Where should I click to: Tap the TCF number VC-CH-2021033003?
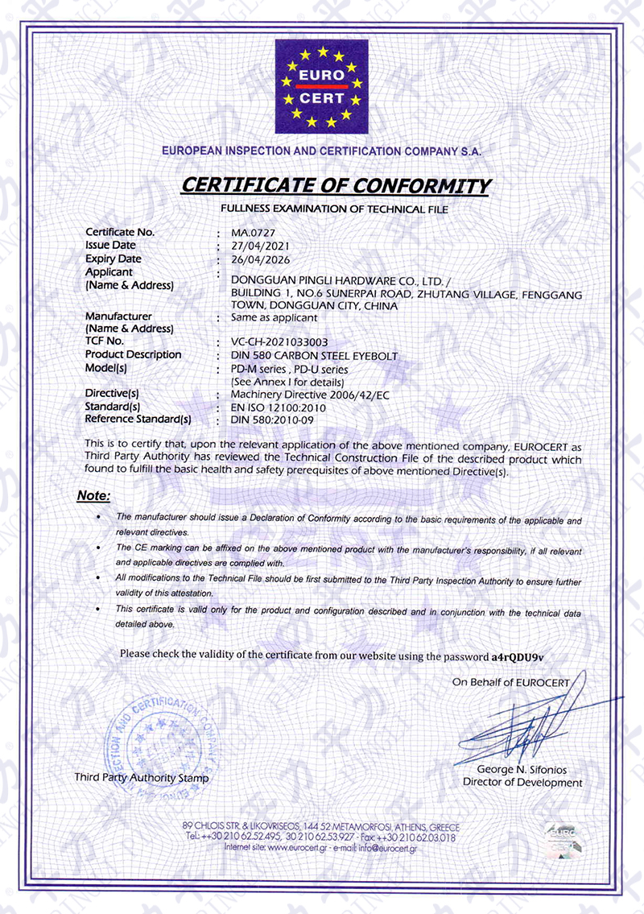pos(279,342)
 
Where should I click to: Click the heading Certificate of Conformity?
pos(335,185)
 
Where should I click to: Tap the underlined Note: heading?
pos(93,496)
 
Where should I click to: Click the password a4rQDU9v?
pos(522,656)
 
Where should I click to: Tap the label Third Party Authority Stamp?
pos(141,778)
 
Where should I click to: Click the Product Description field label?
pos(133,355)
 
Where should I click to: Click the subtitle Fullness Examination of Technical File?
pos(334,209)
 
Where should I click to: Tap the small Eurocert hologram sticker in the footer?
pos(563,838)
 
